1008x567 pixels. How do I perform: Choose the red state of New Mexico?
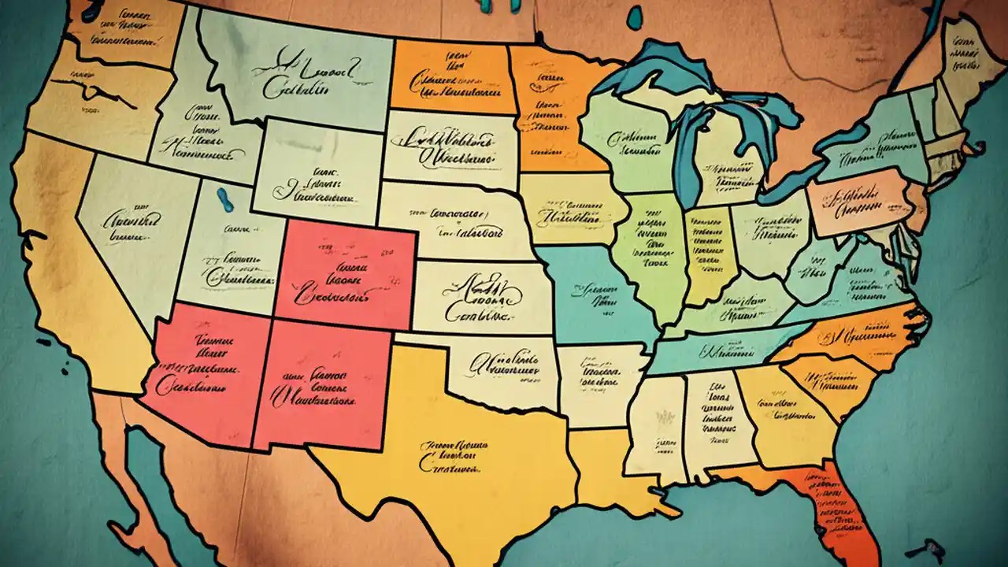coord(323,386)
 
